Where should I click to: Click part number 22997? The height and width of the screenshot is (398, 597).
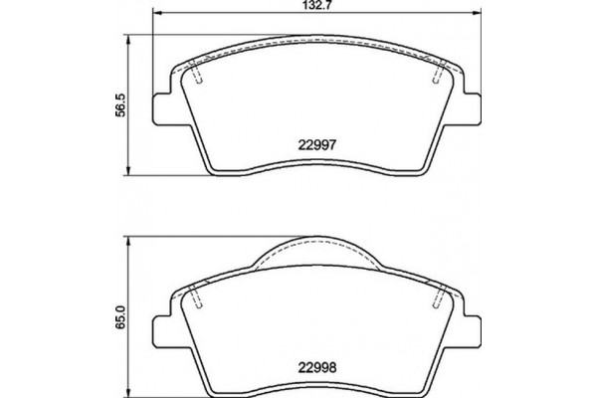coord(316,142)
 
